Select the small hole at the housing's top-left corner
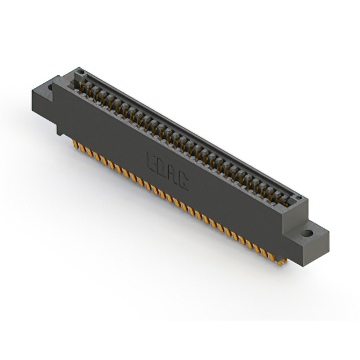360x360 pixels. point(80,73)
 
